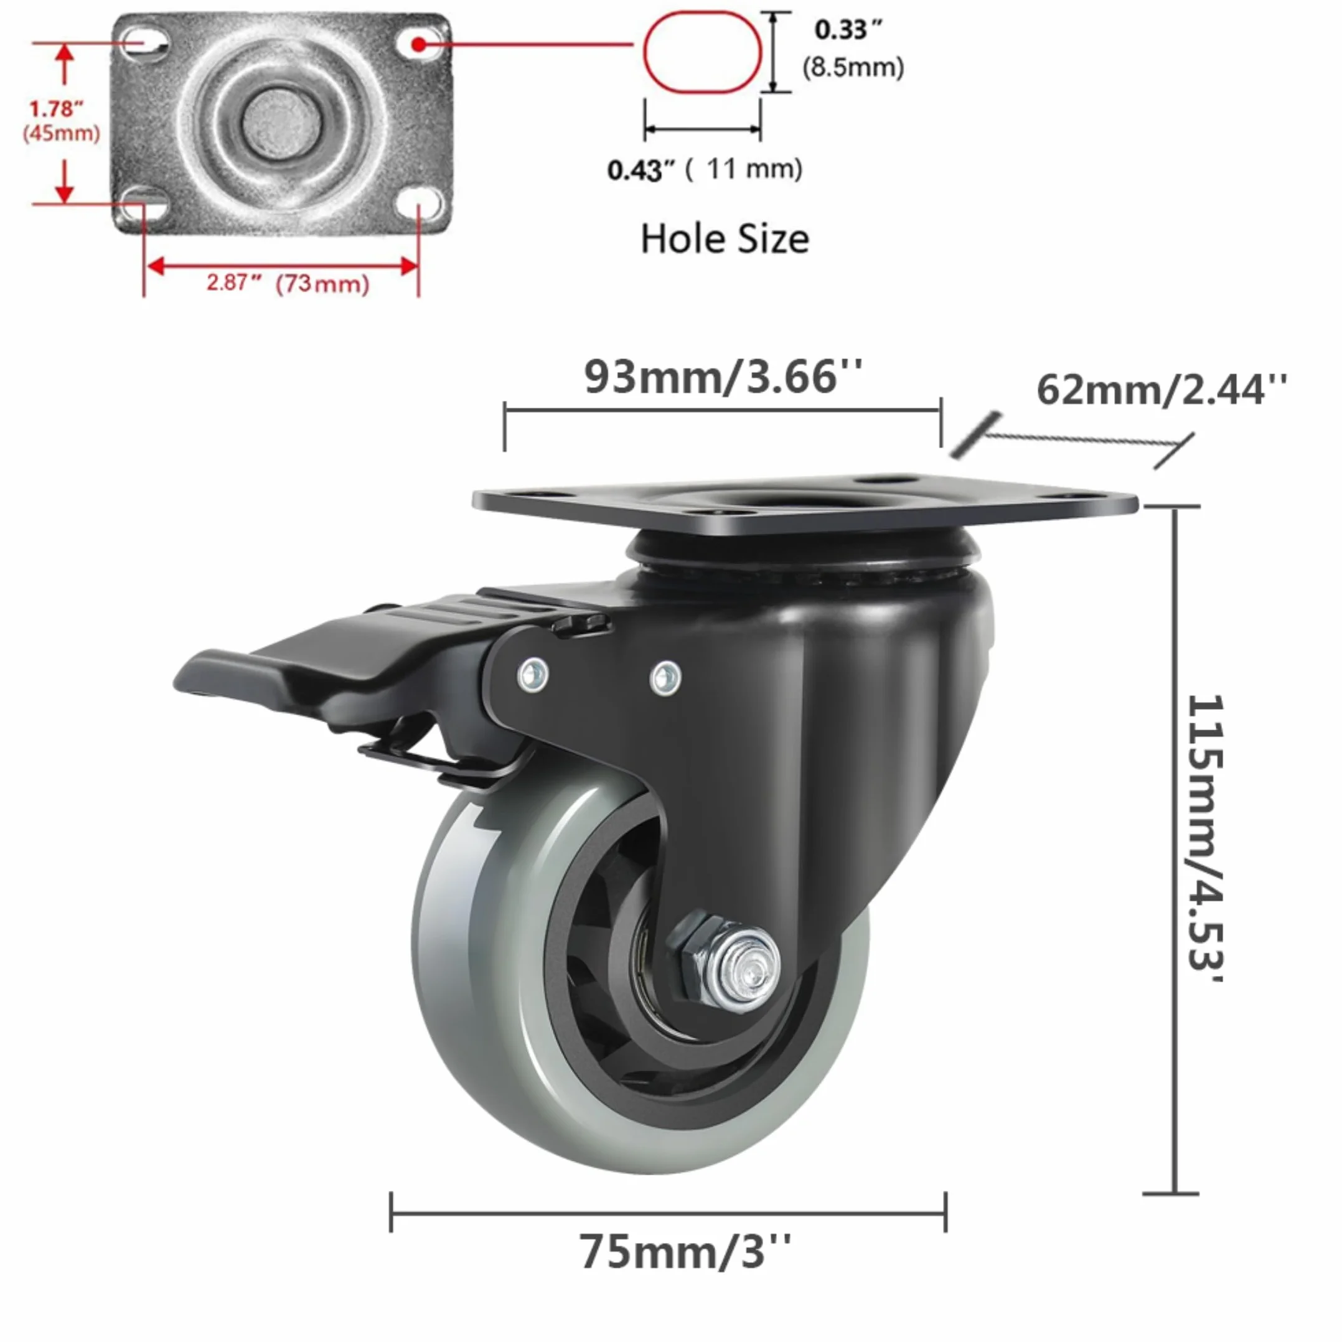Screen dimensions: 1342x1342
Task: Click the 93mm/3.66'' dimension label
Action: click(723, 377)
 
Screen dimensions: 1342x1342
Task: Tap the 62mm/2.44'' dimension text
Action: click(1161, 389)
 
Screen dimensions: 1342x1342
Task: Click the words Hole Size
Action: click(725, 238)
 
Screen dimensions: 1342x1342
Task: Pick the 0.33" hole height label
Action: click(848, 30)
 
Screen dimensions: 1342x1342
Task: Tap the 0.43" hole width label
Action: click(640, 170)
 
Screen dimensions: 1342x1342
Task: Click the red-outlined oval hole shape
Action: click(702, 52)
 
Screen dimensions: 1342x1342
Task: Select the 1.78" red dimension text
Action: click(55, 108)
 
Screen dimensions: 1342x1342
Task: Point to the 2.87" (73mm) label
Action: click(288, 283)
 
